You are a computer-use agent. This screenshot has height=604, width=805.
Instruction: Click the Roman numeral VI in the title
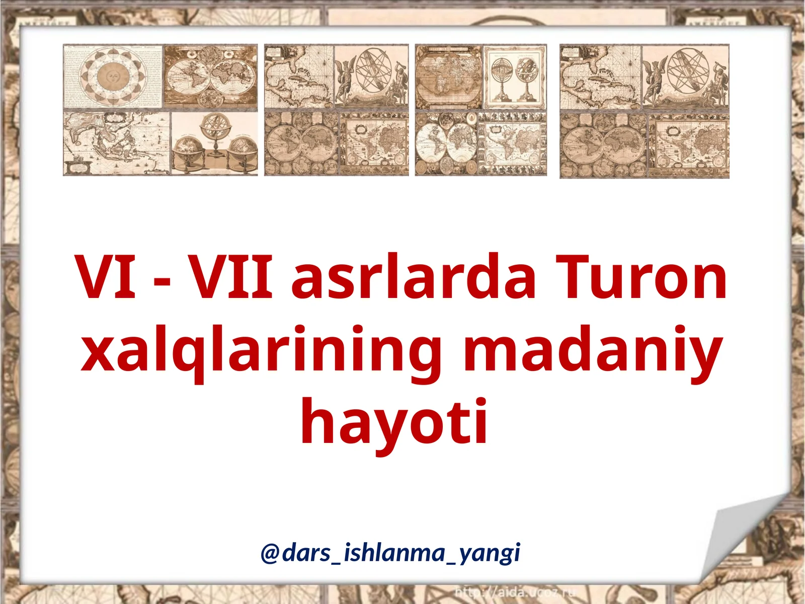[x=106, y=277]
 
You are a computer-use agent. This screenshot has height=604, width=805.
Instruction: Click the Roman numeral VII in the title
[x=230, y=277]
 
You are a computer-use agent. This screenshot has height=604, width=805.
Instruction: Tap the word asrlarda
[x=414, y=277]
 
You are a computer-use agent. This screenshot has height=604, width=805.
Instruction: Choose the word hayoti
[x=394, y=422]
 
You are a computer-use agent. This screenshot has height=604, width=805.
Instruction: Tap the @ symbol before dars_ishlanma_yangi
[x=270, y=553]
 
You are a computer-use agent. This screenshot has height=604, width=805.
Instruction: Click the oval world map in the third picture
[x=447, y=77]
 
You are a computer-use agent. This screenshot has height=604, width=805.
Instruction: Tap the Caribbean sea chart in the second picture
[x=298, y=77]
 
